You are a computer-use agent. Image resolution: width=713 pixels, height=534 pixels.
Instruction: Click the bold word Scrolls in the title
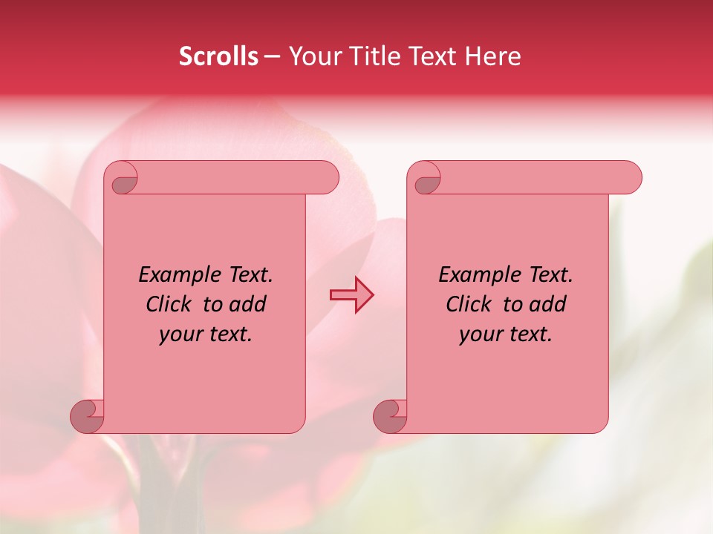(218, 56)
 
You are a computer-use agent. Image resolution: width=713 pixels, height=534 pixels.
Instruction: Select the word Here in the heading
(492, 56)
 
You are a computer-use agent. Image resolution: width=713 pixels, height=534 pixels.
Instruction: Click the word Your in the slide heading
(313, 56)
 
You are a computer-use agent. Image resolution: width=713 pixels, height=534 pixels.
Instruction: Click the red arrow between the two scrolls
(351, 294)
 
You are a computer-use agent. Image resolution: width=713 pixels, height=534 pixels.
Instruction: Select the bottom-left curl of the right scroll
(391, 416)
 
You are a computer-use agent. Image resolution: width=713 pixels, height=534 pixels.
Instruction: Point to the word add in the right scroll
(548, 304)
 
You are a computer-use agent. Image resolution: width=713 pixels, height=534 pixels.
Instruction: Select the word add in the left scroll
(248, 304)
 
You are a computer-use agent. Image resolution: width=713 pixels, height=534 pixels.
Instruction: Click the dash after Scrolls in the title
(271, 56)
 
